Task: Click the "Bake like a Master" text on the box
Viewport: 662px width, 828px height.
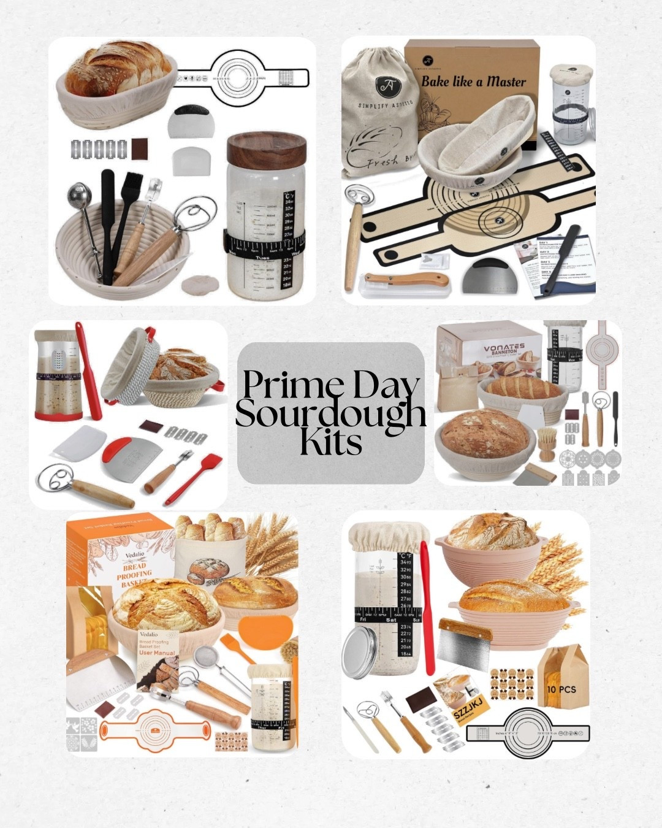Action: (x=473, y=81)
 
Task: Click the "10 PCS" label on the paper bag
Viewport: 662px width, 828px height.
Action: (x=561, y=689)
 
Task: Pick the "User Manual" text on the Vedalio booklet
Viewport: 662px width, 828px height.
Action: (x=158, y=653)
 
